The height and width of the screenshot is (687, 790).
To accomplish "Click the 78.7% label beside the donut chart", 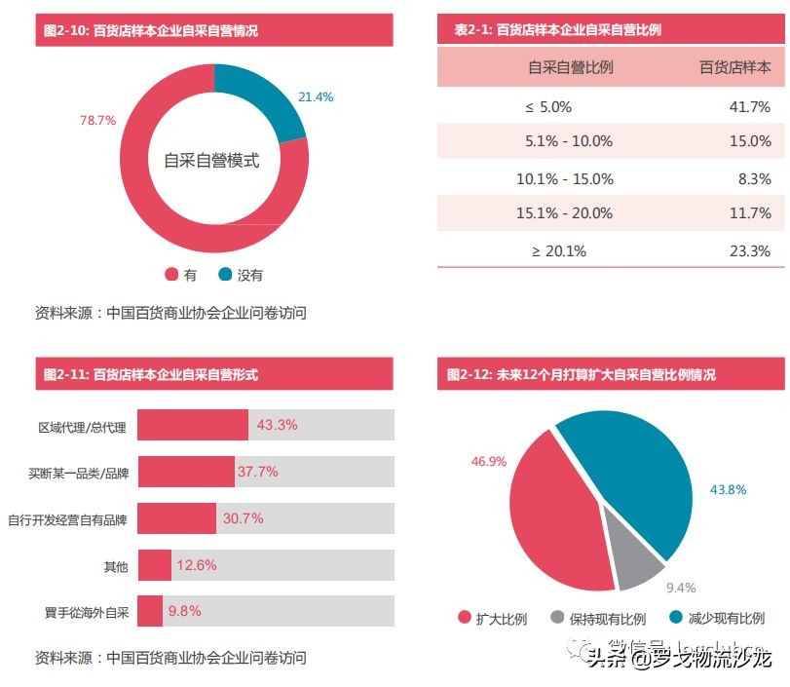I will pyautogui.click(x=97, y=121).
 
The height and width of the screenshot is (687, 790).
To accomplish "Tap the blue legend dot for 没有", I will pyautogui.click(x=225, y=275).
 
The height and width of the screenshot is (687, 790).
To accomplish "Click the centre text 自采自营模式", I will pyautogui.click(x=211, y=161).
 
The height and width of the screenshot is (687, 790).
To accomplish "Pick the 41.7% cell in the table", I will pyautogui.click(x=749, y=106).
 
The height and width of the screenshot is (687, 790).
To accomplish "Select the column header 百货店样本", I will pyautogui.click(x=734, y=67).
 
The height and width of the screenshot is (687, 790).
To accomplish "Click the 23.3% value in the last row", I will pyautogui.click(x=749, y=250).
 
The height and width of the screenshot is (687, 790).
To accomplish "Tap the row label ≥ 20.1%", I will pyautogui.click(x=559, y=250).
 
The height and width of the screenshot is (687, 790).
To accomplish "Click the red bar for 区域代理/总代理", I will pyautogui.click(x=193, y=425).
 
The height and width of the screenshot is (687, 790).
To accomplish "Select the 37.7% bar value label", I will pyautogui.click(x=257, y=472).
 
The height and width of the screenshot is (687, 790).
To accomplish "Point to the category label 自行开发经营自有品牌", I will pyautogui.click(x=67, y=519).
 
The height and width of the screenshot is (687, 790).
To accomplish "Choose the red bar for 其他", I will pyautogui.click(x=155, y=565).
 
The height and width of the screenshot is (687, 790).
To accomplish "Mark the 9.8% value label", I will pyautogui.click(x=184, y=611).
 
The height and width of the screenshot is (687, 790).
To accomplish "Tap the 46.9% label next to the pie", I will pyautogui.click(x=488, y=461).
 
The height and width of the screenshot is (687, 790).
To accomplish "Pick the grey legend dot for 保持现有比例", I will pyautogui.click(x=557, y=618).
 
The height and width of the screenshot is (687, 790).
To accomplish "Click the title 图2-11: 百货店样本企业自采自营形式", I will pyautogui.click(x=151, y=374).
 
